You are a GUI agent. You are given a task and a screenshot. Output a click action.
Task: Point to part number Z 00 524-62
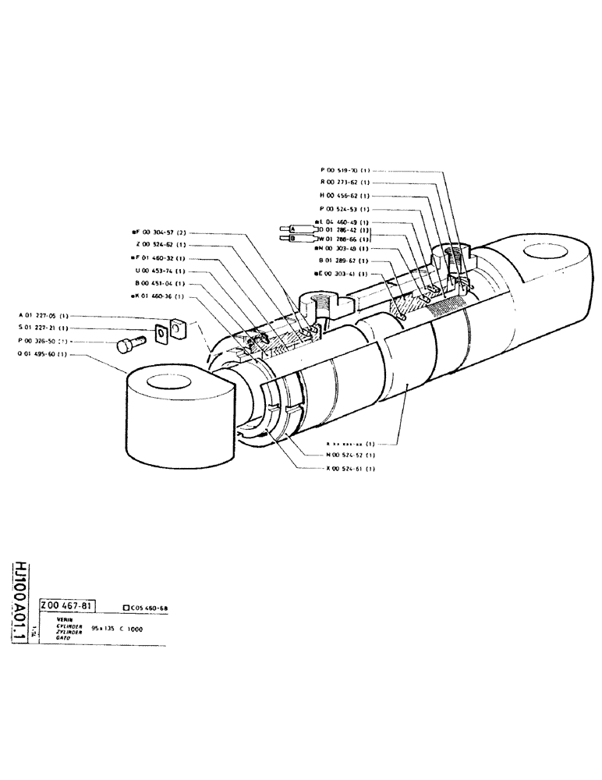pyautogui.click(x=159, y=245)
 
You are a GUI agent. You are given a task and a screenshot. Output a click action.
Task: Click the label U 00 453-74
pyautogui.click(x=159, y=271)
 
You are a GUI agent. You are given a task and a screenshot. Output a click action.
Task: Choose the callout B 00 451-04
pyautogui.click(x=159, y=283)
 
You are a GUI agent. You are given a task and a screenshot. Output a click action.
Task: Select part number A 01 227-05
pyautogui.click(x=43, y=315)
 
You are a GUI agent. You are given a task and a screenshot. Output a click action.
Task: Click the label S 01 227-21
pyautogui.click(x=43, y=328)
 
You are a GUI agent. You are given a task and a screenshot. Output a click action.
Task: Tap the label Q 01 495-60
pyautogui.click(x=43, y=354)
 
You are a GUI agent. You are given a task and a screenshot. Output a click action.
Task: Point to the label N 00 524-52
pyautogui.click(x=350, y=455)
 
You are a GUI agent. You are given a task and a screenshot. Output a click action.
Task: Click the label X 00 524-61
pyautogui.click(x=350, y=468)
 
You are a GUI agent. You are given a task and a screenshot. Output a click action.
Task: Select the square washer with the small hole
pyautogui.click(x=161, y=334)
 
